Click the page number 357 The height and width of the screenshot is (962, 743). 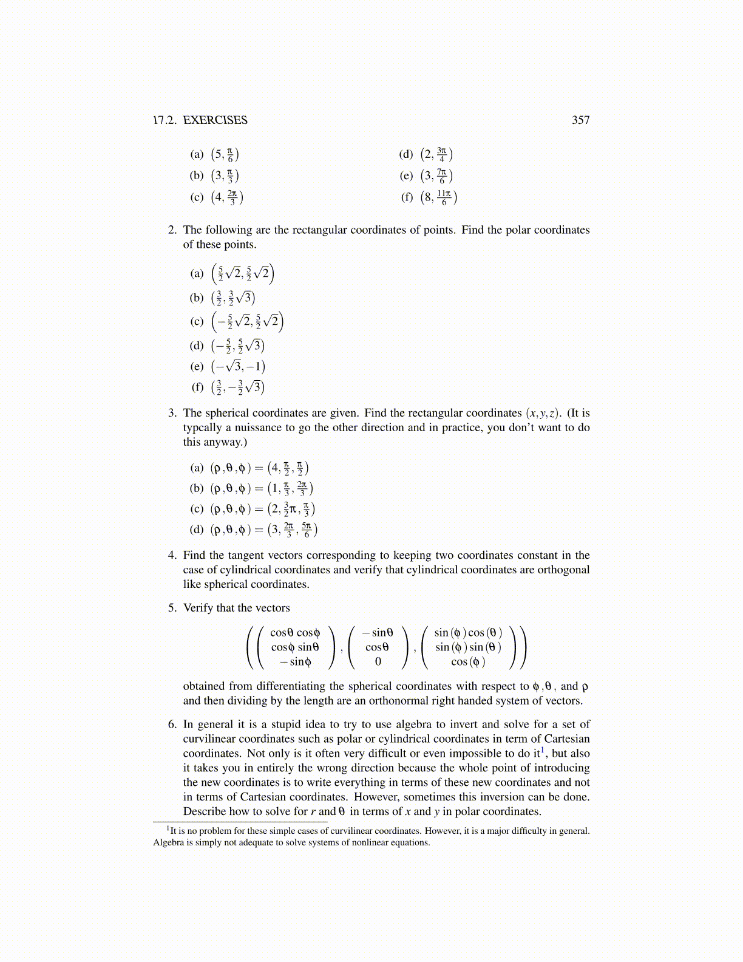[x=580, y=120]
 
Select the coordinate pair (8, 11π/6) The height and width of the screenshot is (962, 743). [x=438, y=197]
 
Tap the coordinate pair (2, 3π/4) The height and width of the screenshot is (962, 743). [x=436, y=154]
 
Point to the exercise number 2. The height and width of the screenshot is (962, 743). [x=172, y=230]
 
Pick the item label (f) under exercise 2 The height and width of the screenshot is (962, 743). [x=197, y=387]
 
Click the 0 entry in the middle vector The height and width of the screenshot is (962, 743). [x=378, y=661]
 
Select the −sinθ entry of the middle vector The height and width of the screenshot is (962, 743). [x=378, y=633]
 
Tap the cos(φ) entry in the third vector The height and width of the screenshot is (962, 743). [x=468, y=661]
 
